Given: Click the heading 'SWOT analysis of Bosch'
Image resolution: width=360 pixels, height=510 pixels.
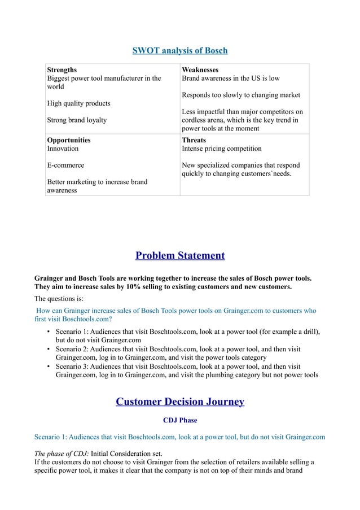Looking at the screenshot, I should [179, 51].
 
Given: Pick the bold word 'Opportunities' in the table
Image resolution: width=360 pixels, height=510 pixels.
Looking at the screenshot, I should [68, 140].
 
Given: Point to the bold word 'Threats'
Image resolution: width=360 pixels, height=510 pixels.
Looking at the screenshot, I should [194, 140].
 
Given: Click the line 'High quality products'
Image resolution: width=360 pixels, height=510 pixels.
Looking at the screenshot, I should [78, 103].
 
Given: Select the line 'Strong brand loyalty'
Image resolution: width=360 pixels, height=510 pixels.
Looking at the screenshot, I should [76, 120].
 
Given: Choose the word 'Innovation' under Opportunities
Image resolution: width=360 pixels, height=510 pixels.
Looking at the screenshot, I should [63, 149].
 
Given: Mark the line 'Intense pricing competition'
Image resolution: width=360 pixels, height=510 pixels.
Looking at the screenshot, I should [221, 149].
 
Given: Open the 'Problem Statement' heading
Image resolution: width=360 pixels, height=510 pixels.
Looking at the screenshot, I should [180, 256].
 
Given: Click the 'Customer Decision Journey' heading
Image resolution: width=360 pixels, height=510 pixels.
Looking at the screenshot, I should [179, 402].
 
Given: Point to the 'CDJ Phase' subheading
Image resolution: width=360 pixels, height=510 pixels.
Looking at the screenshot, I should [180, 420].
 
